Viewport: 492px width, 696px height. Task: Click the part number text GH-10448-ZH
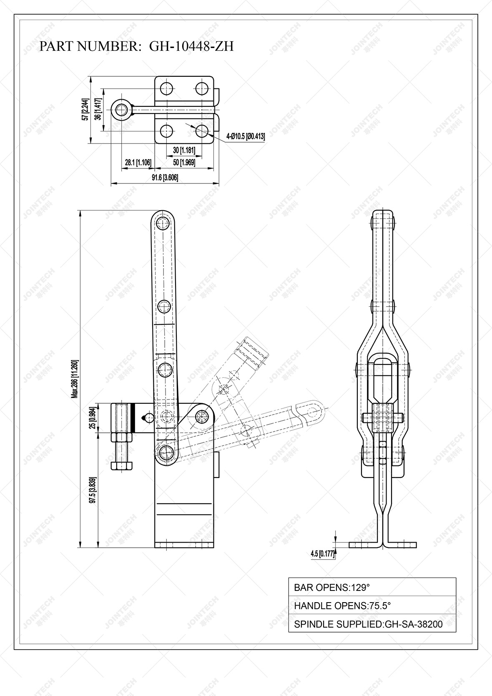191,46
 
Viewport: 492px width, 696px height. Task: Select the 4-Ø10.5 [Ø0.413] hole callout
245,136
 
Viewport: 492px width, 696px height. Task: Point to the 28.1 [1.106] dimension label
138,162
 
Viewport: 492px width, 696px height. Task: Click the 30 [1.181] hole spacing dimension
184,150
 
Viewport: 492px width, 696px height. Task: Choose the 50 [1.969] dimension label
184,162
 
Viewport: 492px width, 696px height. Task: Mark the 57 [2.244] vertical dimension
85,110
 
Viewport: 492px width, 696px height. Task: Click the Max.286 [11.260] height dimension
75,379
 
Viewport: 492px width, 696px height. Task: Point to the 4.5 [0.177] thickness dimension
322,554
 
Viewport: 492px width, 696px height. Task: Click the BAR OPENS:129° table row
372,588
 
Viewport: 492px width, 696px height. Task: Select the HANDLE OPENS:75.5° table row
372,606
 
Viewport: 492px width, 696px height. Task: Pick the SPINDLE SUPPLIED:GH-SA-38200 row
372,624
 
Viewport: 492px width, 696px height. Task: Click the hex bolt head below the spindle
122,465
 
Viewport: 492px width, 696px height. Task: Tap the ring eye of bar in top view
122,110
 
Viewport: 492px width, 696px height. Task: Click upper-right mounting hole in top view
202,88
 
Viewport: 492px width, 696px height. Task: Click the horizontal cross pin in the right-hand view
383,417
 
